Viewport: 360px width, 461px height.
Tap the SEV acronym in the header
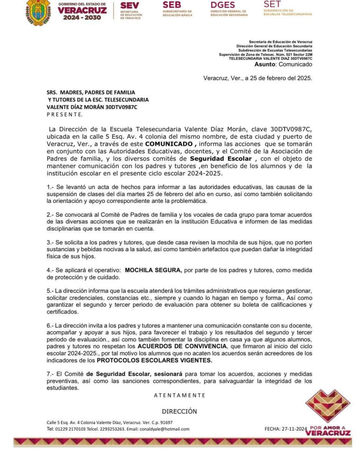[x=129, y=6]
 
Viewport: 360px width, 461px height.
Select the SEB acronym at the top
[x=172, y=5]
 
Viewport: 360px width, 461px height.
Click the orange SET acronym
[x=272, y=4]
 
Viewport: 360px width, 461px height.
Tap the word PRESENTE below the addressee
[x=64, y=114]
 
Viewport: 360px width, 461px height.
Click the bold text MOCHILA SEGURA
[x=153, y=270]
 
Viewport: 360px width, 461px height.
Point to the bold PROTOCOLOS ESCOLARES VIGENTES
[x=154, y=361]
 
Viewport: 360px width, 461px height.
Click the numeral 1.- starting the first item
[x=50, y=187]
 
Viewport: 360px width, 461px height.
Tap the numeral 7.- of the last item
[x=50, y=374]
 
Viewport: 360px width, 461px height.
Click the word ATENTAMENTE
[x=180, y=395]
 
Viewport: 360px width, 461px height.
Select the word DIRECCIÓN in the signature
[x=179, y=411]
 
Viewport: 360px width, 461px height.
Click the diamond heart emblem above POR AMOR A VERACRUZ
[x=328, y=405]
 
